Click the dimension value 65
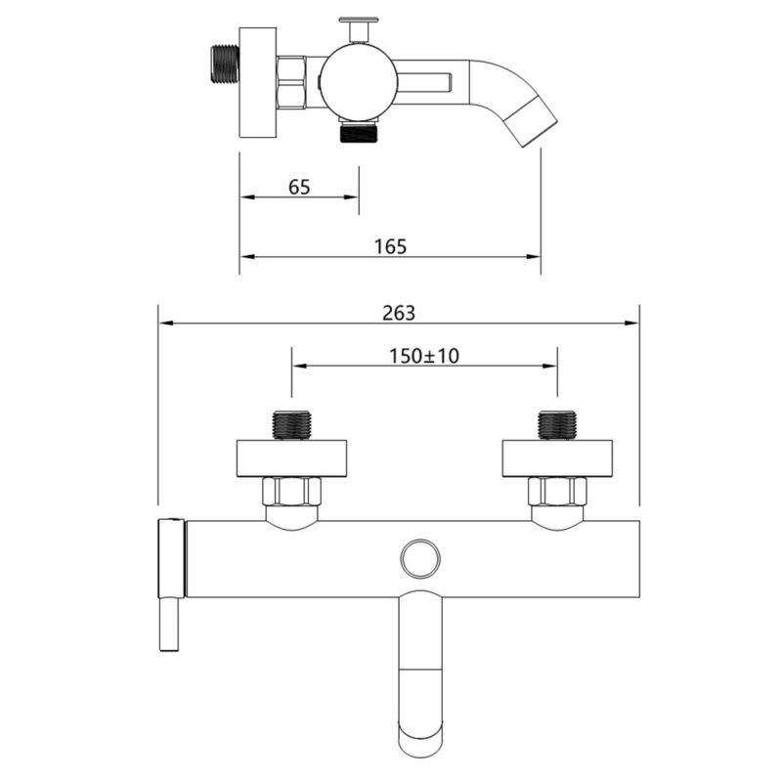299,187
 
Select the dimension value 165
390,246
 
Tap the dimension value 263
399,313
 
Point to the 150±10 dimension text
424,356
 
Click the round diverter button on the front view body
420,558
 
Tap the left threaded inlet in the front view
291,425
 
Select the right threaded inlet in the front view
557,425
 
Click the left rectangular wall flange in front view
291,458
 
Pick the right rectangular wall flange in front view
557,458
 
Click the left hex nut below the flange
291,492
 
